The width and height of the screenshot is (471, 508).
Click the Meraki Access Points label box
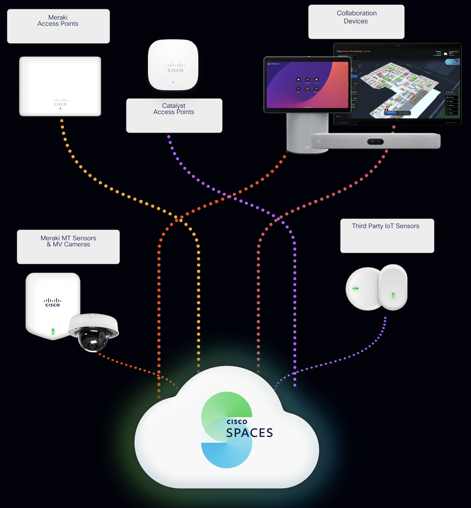pos(58,26)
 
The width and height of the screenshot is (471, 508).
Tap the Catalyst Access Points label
pos(174,115)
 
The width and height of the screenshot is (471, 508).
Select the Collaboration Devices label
pos(356,21)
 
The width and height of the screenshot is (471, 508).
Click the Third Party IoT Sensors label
pos(387,236)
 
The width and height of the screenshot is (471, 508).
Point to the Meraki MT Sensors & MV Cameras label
pos(68,247)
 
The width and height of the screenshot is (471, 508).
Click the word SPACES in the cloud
pos(249,433)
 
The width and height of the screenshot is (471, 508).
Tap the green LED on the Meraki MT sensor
pos(53,331)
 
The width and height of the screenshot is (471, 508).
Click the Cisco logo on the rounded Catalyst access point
pos(175,68)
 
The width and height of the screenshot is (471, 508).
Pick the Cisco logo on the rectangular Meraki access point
pos(60,102)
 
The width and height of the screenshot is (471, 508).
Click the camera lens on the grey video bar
pos(375,142)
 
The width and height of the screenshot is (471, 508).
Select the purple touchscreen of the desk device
pos(307,85)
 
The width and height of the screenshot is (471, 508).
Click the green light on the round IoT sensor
pos(355,288)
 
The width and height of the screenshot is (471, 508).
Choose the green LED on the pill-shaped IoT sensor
pos(393,295)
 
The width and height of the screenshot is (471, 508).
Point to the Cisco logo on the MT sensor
pos(53,302)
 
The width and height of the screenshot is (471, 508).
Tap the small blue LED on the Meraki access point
pos(60,109)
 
